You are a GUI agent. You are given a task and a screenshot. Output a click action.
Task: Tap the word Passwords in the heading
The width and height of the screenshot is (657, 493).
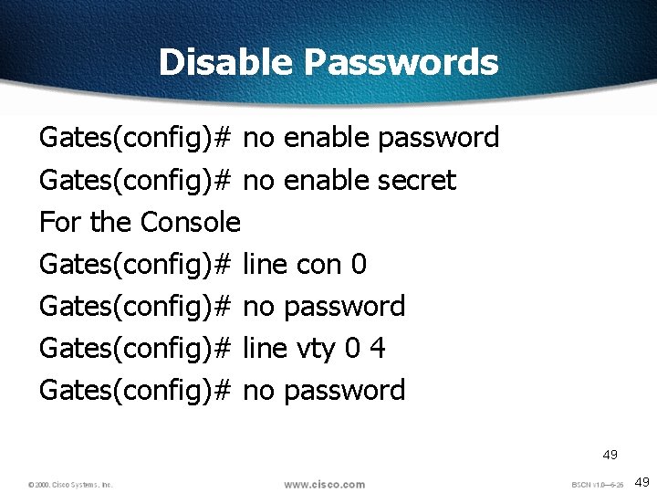[401, 62]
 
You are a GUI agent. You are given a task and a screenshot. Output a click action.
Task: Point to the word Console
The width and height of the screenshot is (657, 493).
[191, 222]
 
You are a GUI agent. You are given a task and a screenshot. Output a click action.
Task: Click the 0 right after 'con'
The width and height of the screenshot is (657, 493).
[359, 265]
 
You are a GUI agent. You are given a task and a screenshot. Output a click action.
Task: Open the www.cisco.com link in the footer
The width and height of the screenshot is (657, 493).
[324, 484]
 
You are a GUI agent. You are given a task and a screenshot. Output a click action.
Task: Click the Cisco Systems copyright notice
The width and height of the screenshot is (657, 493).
[70, 485]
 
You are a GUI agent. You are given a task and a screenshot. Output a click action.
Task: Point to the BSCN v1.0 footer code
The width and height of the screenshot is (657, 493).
[598, 485]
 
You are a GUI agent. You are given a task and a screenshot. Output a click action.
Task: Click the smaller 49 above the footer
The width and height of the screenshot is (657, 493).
[610, 455]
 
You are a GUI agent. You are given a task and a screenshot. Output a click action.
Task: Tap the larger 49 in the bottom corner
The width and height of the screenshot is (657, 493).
[642, 482]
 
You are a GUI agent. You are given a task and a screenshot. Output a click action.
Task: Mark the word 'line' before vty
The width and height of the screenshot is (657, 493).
[266, 348]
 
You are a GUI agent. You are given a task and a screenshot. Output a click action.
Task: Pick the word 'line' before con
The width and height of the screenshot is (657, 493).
[266, 265]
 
